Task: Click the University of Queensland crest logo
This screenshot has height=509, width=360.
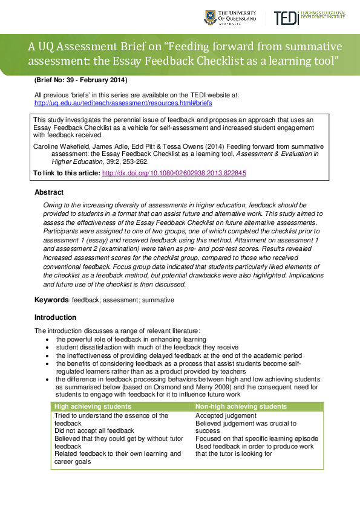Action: [210, 18]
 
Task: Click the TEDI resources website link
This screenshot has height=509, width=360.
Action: [123, 103]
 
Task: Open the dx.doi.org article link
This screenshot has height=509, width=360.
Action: [174, 173]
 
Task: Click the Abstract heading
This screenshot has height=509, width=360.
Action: [49, 192]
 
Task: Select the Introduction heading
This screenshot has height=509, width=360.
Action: [55, 317]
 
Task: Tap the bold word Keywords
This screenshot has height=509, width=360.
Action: [51, 300]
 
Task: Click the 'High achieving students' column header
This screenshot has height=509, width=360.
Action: [93, 406]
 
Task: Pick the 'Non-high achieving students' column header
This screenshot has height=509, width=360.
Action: [241, 406]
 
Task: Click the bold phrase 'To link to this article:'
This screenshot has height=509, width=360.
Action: [67, 173]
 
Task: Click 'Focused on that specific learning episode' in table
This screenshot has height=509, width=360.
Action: [257, 438]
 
